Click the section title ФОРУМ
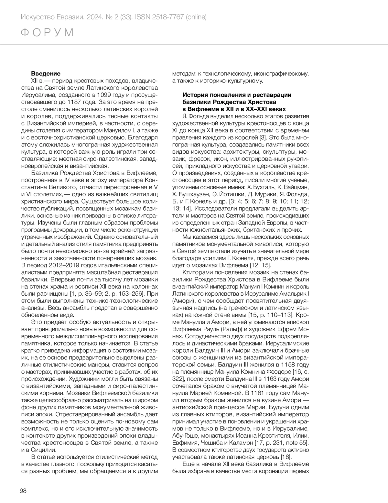[x=48, y=33]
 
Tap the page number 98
[x=23, y=491]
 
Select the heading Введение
[x=46, y=74]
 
